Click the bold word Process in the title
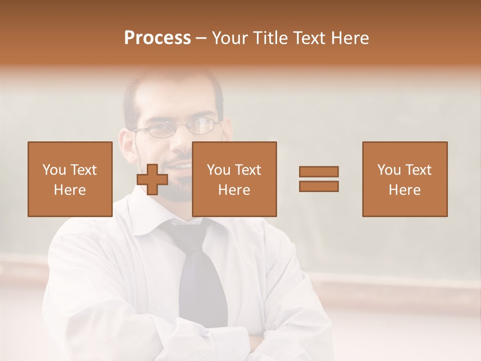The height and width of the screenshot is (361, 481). tap(157, 38)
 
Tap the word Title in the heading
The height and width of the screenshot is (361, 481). tap(271, 38)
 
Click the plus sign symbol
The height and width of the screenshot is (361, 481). tap(152, 179)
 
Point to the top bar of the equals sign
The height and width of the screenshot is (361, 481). tap(319, 171)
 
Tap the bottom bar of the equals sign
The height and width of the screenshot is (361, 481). tap(319, 187)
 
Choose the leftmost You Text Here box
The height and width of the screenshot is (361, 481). tap(70, 179)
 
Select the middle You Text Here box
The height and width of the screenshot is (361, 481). tap(234, 179)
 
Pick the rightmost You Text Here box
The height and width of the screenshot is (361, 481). tap(404, 179)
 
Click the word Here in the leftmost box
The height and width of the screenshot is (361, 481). tap(70, 190)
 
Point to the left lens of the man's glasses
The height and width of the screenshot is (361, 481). tap(159, 129)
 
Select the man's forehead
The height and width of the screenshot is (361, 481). tap(175, 98)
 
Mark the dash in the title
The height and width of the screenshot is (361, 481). tap(201, 38)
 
